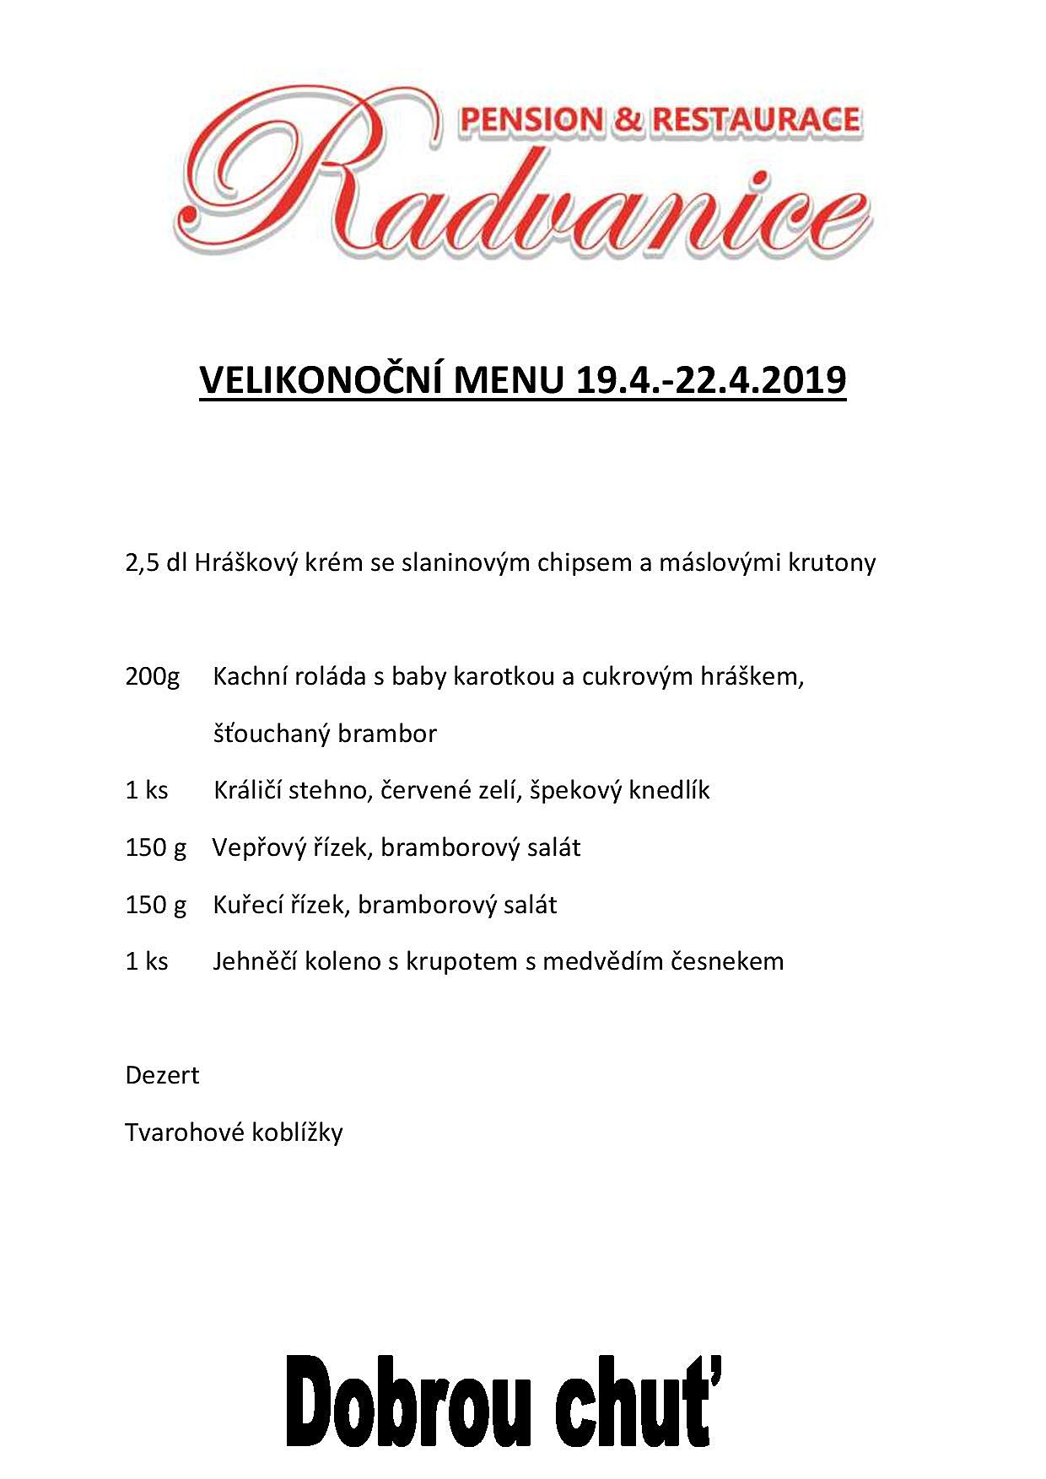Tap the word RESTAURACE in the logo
tap(756, 121)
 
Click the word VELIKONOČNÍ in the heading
tap(321, 380)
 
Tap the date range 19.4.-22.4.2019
tap(711, 380)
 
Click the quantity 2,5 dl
tap(156, 562)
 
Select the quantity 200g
tap(153, 677)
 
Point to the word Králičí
tap(248, 791)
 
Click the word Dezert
tap(162, 1076)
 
